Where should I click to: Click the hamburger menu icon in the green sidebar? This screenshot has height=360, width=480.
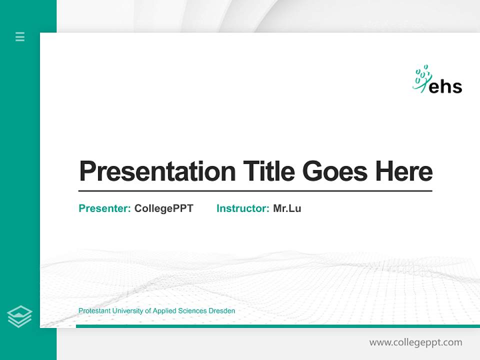tap(20, 36)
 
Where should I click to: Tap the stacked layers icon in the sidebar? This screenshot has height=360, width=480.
tap(19, 316)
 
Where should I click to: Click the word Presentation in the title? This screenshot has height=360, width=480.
tap(157, 171)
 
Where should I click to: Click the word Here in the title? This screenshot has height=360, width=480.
tap(404, 171)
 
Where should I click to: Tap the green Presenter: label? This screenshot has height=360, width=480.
tap(104, 208)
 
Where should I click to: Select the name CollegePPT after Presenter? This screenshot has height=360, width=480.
tap(163, 208)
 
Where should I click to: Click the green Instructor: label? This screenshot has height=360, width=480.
tap(242, 208)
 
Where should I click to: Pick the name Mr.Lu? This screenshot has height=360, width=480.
tap(287, 208)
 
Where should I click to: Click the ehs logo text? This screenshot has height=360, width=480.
tap(445, 86)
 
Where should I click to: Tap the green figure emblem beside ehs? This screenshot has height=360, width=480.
tap(421, 78)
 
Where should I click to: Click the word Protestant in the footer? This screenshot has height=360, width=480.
tap(94, 311)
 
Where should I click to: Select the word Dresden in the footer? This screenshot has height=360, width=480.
tap(223, 311)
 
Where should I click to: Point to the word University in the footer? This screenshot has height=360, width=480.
tap(127, 311)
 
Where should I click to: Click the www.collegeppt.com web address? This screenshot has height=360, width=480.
tap(415, 342)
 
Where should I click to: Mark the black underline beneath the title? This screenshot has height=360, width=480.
tap(255, 191)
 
